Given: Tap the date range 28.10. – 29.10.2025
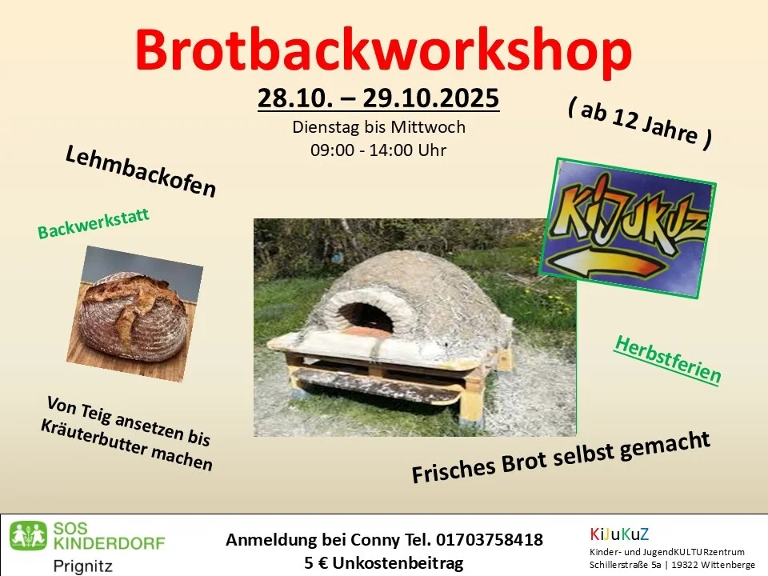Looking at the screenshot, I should click(378, 98).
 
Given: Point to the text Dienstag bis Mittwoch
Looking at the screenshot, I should click(378, 126).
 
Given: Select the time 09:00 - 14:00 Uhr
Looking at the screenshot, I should click(378, 150).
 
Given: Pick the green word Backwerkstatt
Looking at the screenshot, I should click(94, 225).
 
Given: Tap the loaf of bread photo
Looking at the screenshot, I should click(137, 312).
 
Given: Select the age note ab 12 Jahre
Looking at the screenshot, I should click(641, 125).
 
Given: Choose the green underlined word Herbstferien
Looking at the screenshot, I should click(667, 358).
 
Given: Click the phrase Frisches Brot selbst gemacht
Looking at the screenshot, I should click(561, 457).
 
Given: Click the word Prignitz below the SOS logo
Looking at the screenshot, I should click(83, 566).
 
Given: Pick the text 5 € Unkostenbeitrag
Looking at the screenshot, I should click(384, 563).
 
